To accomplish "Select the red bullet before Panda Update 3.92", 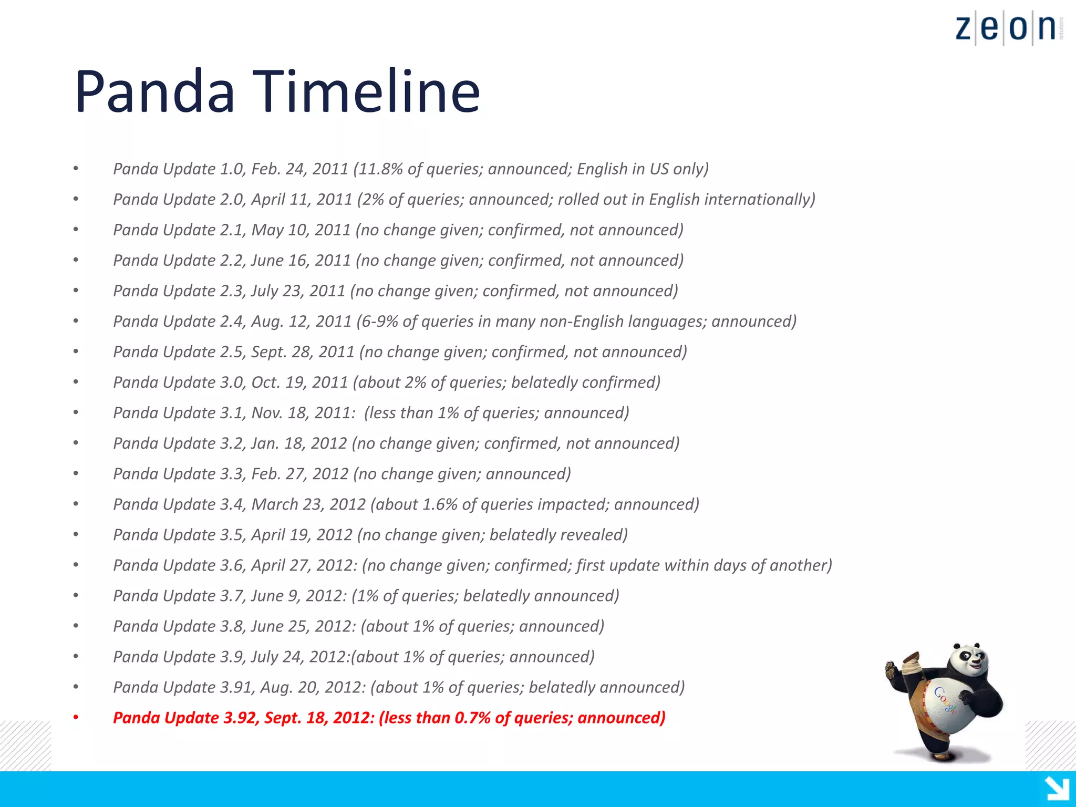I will coord(76,718).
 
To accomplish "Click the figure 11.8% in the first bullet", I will coord(380,169).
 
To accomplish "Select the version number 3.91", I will coord(236,687).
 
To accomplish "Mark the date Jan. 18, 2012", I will coord(299,443).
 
